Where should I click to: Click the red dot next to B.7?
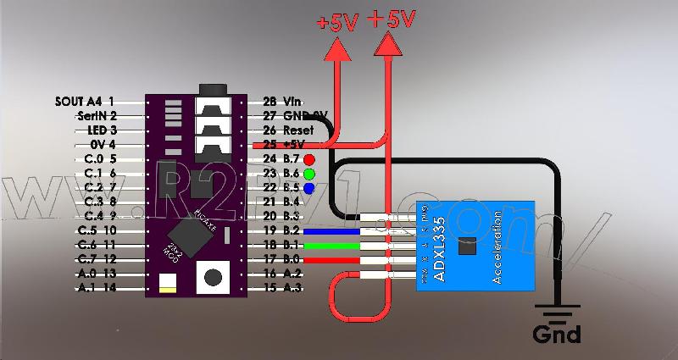[x=309, y=158]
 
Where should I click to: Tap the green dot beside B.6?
[x=309, y=173]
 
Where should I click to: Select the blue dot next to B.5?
[x=309, y=187]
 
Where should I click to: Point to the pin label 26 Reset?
[x=288, y=130]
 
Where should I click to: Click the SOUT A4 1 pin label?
[x=83, y=101]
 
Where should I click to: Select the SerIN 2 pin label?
[x=96, y=115]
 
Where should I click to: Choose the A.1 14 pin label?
[x=96, y=288]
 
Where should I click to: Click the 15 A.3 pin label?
[x=283, y=288]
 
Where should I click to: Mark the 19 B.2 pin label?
[x=283, y=230]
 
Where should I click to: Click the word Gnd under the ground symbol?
[x=557, y=335]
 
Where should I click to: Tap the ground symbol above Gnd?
[x=556, y=313]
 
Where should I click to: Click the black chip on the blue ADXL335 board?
[x=465, y=247]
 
